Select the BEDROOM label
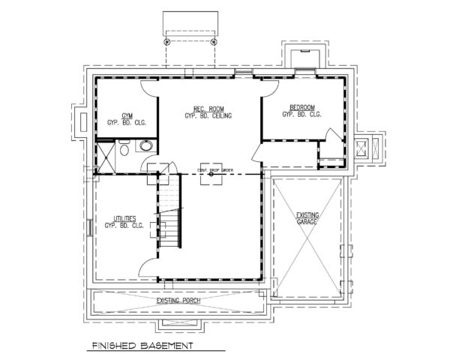[301, 106]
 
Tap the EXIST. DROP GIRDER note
[216, 170]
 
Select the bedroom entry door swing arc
[259, 154]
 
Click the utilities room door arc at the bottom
[150, 264]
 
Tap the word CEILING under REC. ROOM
[222, 116]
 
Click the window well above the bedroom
[304, 58]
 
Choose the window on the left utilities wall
[89, 226]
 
